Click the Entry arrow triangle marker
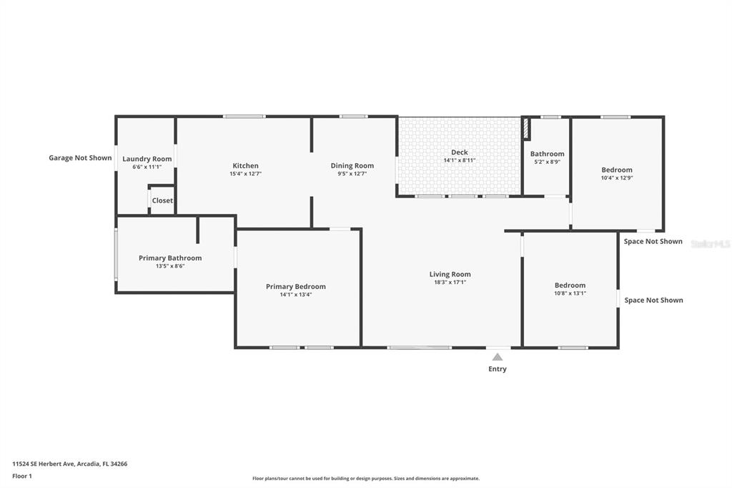(498, 357)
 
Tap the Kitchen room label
(246, 165)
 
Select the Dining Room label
(352, 165)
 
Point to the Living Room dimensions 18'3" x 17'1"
(450, 283)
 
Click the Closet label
(162, 200)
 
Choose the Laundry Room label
(147, 159)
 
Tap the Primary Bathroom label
(170, 258)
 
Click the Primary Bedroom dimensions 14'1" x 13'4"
(296, 295)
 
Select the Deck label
(460, 152)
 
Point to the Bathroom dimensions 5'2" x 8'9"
(547, 162)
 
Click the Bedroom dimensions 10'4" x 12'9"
(617, 177)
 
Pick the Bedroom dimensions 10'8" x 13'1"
(570, 293)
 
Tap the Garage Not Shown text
(80, 158)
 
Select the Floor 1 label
(22, 476)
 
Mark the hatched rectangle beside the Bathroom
(526, 129)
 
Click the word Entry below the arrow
(498, 369)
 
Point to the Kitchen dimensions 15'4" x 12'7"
(246, 173)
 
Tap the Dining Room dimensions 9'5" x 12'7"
(352, 173)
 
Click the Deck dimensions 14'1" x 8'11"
(460, 160)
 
